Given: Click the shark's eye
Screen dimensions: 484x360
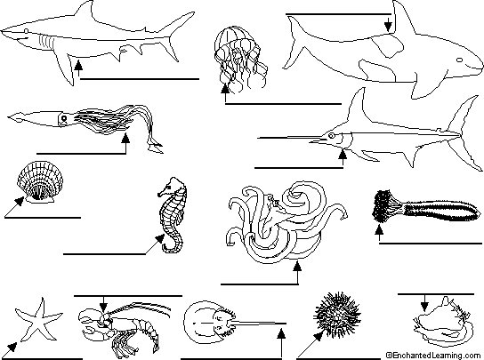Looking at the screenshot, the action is [x=26, y=31].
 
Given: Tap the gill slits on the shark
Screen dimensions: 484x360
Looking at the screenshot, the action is [x=46, y=42].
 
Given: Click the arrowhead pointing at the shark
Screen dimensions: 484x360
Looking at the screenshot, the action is [x=78, y=64].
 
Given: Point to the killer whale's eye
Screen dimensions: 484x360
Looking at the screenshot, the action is [x=460, y=60].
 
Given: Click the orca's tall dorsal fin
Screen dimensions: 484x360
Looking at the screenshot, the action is [x=400, y=19].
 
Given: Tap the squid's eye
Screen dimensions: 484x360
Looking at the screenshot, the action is [x=64, y=118].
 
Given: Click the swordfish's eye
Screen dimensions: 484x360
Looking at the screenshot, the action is [x=331, y=135].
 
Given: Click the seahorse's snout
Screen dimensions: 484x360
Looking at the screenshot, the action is [x=162, y=194].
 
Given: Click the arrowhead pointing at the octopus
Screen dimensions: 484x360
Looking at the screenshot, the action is [x=297, y=266].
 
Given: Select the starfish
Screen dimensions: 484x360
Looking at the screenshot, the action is [x=38, y=321].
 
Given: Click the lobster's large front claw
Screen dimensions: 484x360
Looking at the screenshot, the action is [x=90, y=316].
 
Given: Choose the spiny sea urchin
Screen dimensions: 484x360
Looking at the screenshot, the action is [x=337, y=315].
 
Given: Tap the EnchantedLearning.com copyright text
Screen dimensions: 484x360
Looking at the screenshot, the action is [x=433, y=356].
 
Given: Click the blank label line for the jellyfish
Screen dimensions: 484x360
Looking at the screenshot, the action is [x=283, y=104].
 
